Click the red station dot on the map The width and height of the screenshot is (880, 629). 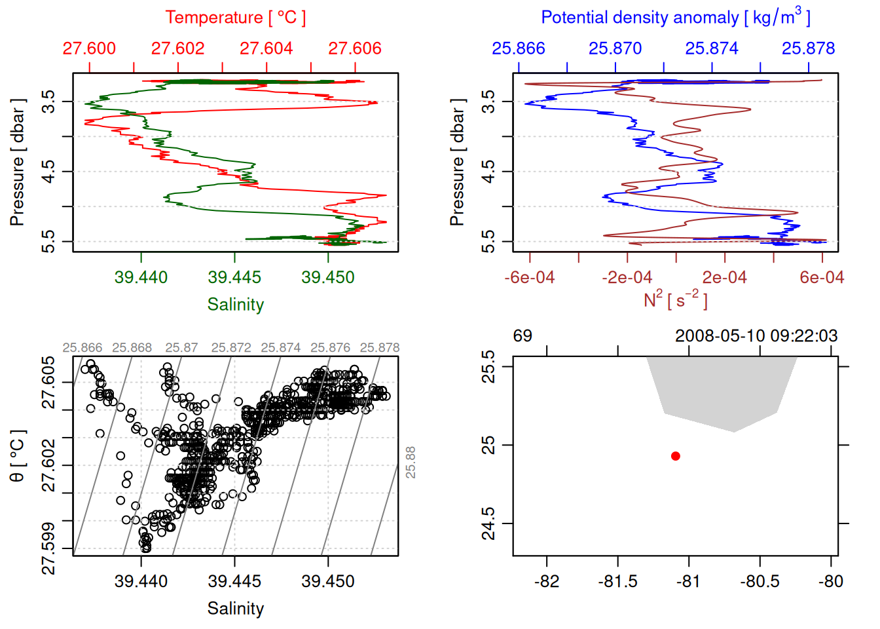point(675,456)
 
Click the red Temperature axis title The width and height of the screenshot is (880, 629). point(235,18)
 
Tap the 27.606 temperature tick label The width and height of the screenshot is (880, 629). point(354,48)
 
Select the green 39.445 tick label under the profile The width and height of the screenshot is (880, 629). point(234,277)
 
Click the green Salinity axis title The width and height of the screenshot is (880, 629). point(235,305)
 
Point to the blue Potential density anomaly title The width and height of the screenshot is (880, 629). point(675,18)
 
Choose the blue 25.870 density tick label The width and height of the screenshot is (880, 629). point(615,48)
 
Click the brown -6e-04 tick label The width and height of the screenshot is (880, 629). point(529,277)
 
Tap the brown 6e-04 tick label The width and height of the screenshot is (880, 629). point(822,277)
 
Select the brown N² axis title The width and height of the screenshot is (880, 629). point(675,299)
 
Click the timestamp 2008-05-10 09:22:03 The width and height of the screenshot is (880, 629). point(756,336)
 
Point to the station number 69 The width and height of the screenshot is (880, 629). point(522,336)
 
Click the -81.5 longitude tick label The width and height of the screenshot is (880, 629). point(617,581)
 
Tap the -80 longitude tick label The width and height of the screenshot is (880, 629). point(831,581)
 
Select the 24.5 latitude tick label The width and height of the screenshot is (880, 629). point(488,524)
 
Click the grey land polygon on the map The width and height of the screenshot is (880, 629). point(720,390)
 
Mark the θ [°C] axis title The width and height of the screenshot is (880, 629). point(18,456)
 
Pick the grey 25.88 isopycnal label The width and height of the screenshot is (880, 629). point(411,463)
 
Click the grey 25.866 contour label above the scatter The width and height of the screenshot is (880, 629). point(82,348)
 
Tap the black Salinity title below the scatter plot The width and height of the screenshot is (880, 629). point(235,609)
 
